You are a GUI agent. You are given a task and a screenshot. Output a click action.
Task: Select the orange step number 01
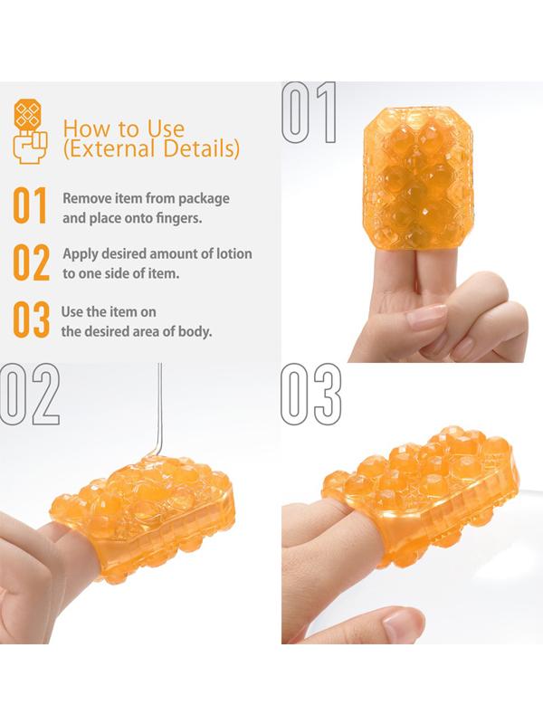click(30, 206)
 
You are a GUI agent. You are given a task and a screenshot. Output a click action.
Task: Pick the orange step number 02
click(31, 262)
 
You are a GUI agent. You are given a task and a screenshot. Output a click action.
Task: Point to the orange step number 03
click(31, 319)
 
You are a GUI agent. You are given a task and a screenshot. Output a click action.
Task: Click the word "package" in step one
click(204, 199)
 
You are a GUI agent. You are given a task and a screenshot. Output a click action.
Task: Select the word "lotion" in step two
click(234, 253)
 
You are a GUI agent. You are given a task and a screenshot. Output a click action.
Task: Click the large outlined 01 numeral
click(309, 112)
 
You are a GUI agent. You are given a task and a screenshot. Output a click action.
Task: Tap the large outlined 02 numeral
click(30, 394)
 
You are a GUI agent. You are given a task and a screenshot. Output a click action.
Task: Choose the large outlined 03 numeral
click(311, 394)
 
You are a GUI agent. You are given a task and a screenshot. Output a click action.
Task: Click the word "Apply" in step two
click(81, 254)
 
